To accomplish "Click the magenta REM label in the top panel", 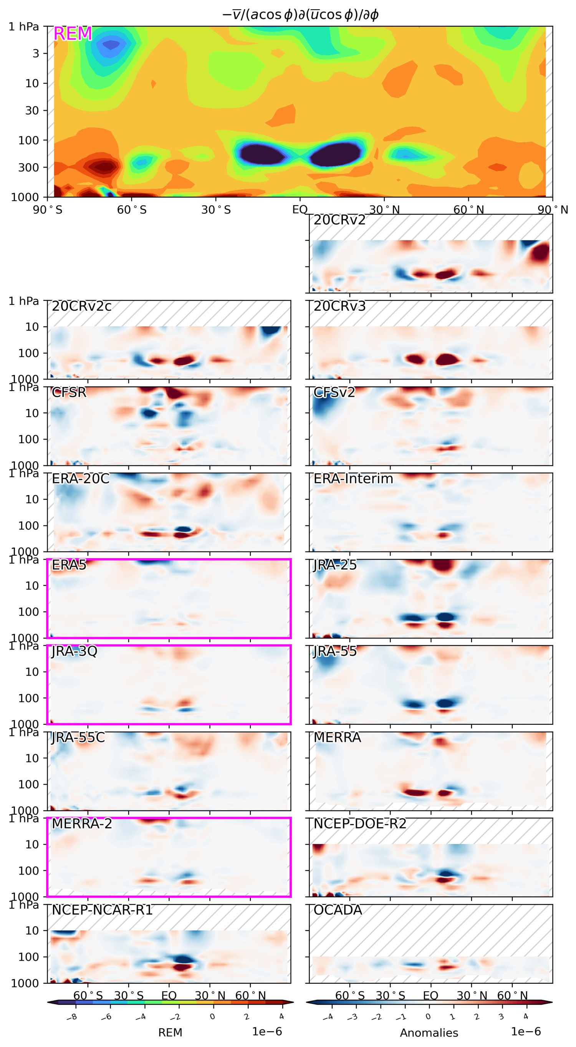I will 73,34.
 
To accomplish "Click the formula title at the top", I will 300,15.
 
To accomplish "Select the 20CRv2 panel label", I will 339,220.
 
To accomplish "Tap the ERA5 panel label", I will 69,565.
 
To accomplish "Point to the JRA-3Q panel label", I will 74,651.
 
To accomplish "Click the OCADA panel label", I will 338,909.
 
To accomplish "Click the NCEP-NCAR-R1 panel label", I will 102,909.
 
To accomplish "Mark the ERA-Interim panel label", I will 353,479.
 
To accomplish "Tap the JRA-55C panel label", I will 78,737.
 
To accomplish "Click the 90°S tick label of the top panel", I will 48,210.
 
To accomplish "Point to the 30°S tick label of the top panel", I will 216,210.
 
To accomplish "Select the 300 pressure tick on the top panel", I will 28,167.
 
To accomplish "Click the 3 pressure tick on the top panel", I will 36,53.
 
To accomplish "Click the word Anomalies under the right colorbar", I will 429,1033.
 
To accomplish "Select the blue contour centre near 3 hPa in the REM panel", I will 111,44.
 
